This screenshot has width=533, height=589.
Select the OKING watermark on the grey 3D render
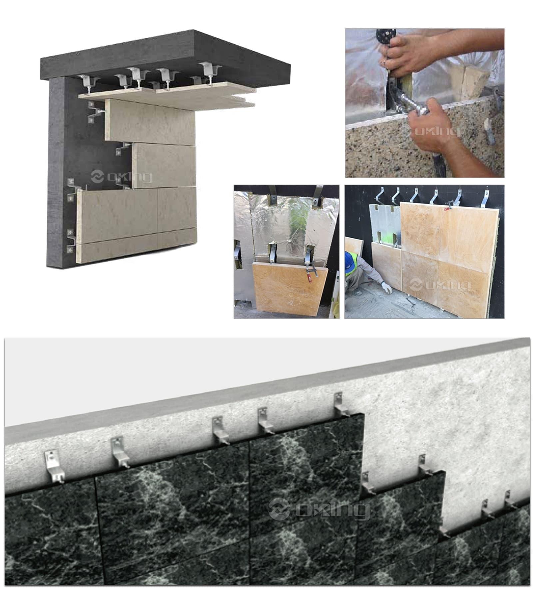(x=122, y=176)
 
